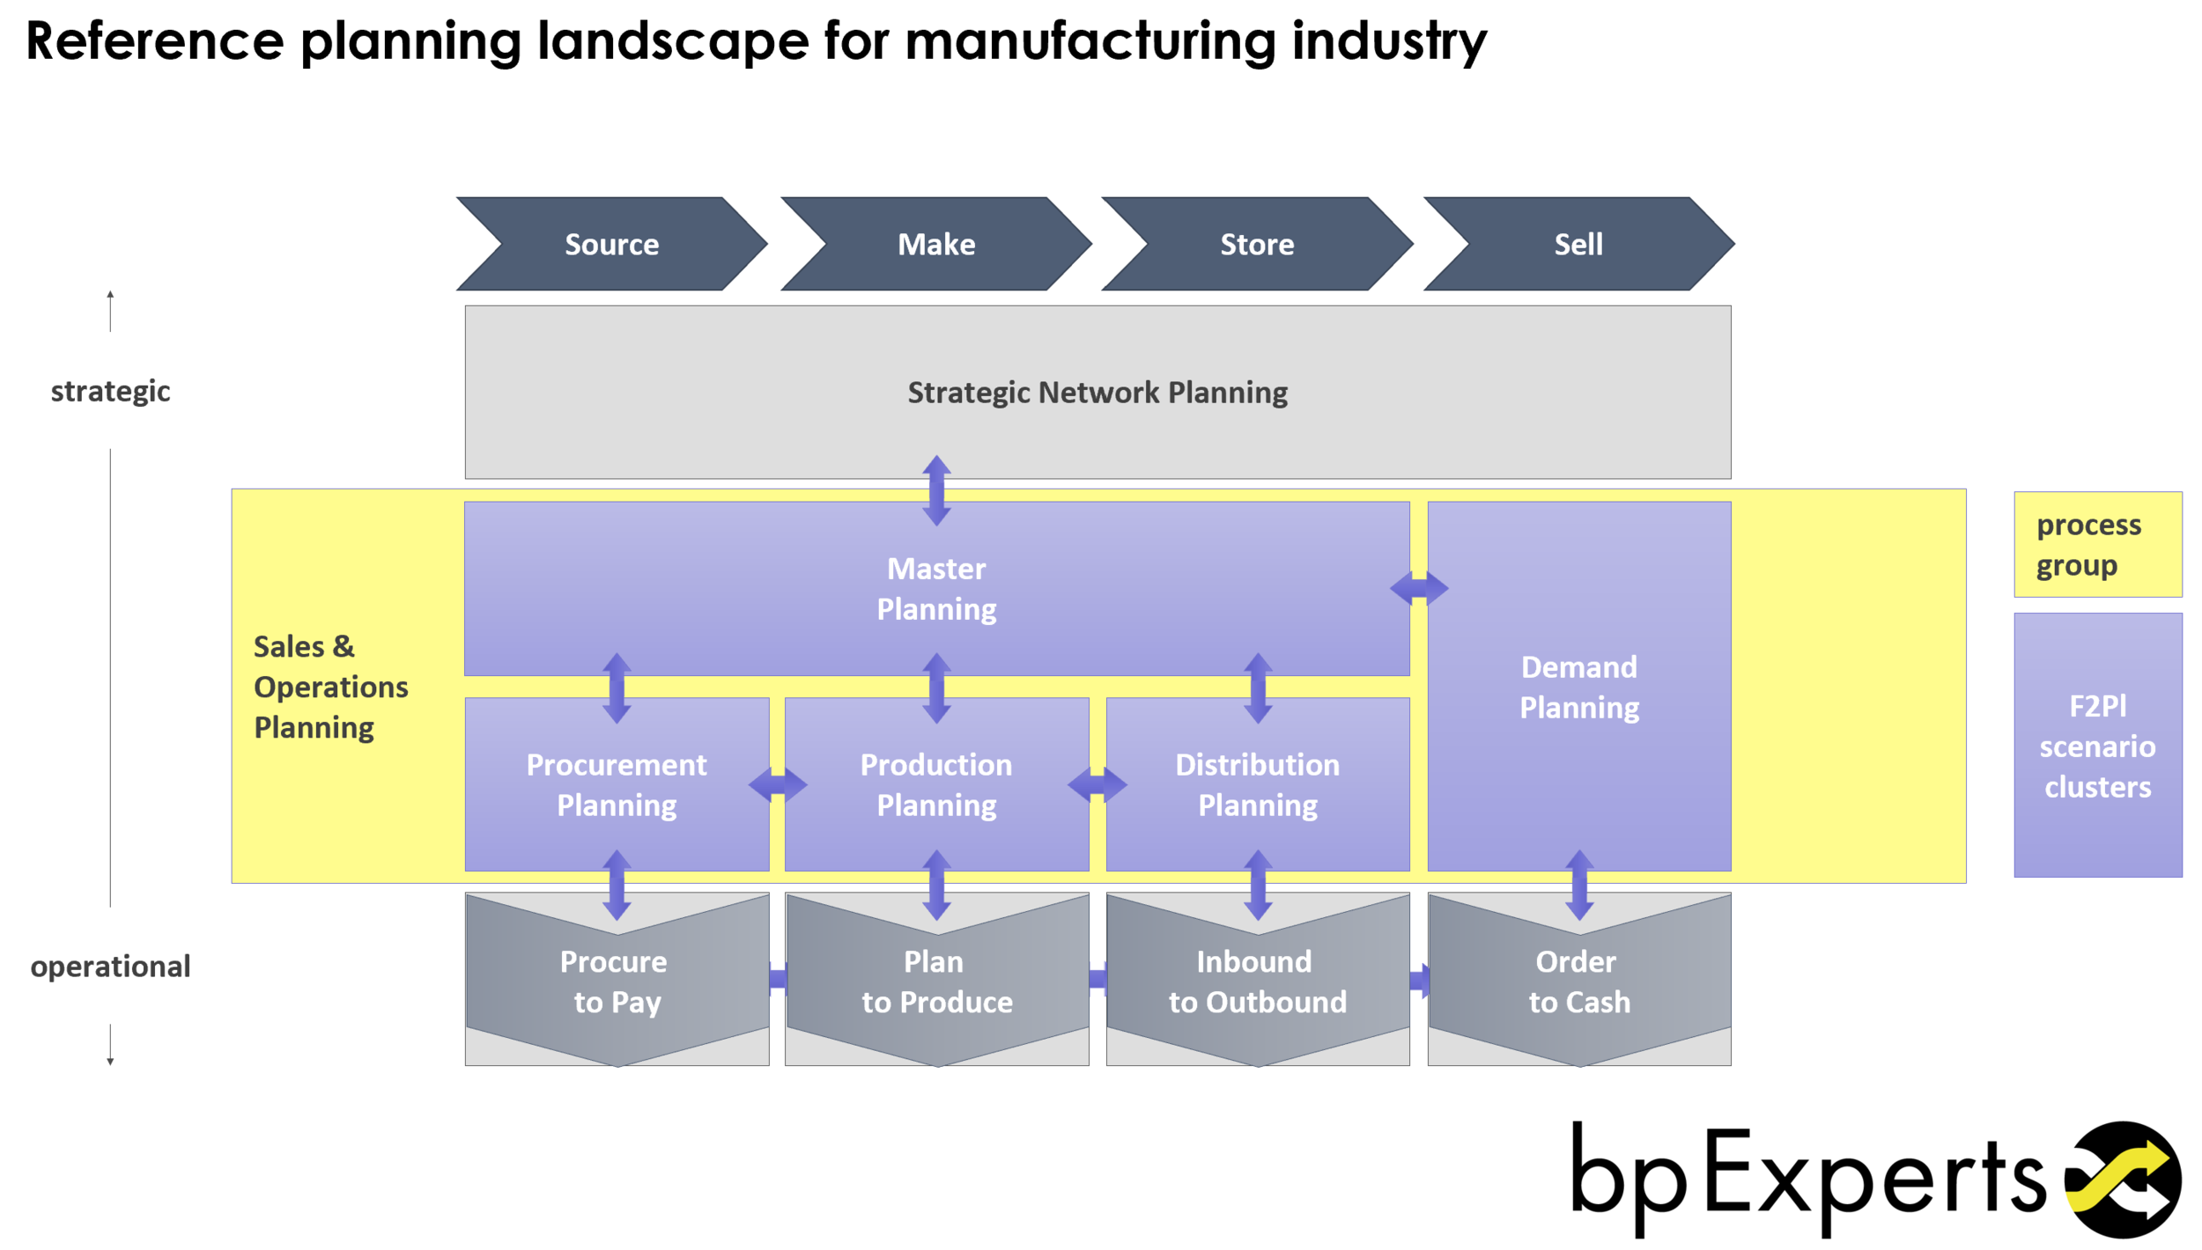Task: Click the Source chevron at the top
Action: pos(611,244)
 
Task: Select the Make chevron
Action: pos(935,244)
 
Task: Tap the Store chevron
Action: pos(1257,244)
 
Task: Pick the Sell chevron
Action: pos(1578,244)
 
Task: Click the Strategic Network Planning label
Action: pos(1097,392)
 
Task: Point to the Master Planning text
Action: pos(936,588)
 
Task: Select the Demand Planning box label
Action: pos(1579,687)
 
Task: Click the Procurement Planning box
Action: pos(617,784)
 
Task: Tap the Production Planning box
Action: pos(936,784)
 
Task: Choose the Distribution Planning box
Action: pos(1258,784)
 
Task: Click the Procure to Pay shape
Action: pos(617,982)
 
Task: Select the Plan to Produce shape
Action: pos(936,982)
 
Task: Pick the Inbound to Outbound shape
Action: pos(1258,982)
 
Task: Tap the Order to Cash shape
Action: pos(1579,982)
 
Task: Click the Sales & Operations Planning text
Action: pos(330,687)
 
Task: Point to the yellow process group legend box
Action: pos(2097,544)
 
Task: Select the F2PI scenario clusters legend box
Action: pos(2097,745)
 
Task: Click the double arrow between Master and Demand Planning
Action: pos(1419,588)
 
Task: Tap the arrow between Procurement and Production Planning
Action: pos(777,784)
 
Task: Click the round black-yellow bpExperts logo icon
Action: pos(2124,1180)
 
